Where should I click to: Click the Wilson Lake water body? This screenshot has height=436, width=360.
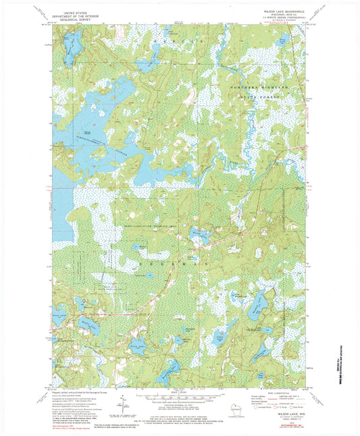click(200, 236)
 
